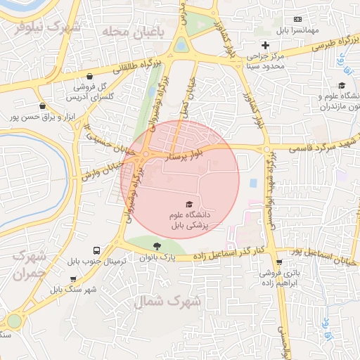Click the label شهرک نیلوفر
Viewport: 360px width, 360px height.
48,27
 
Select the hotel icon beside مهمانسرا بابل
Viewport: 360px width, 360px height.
297,19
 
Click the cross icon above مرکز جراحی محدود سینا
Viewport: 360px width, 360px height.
265,45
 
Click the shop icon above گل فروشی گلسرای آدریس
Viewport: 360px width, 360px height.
89,77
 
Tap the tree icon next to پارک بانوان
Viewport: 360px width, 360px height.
156,245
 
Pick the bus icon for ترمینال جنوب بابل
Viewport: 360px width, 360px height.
96,250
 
